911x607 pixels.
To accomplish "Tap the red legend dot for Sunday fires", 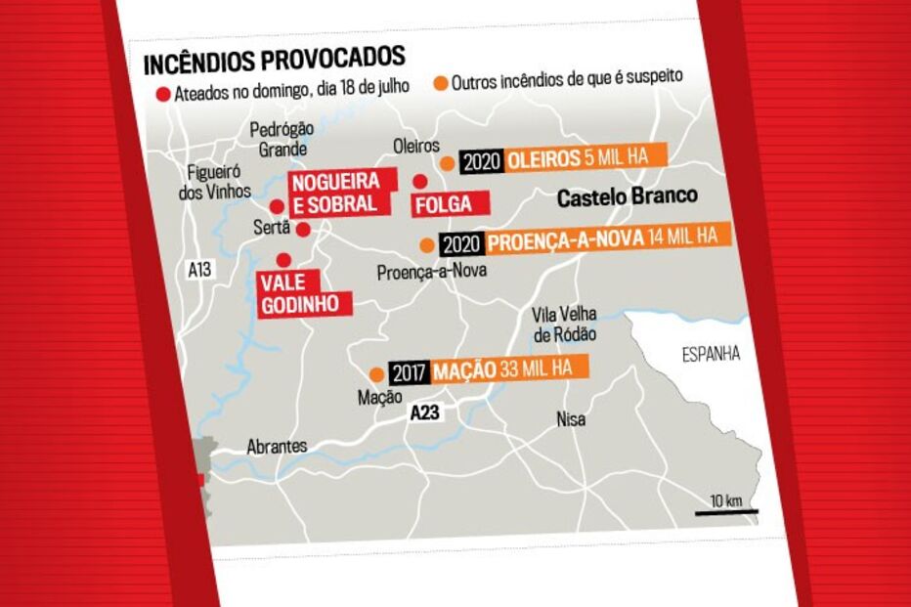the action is (x=162, y=95).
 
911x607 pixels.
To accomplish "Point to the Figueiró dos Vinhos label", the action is (x=216, y=182).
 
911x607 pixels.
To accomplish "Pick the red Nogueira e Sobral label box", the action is (x=341, y=193).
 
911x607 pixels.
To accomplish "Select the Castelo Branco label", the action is (x=627, y=196).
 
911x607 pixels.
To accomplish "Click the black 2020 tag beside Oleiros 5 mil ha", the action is (x=481, y=162).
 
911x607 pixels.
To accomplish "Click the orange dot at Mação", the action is (x=376, y=373).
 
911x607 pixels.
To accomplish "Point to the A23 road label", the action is (x=424, y=413).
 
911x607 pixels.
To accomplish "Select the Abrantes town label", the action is (x=277, y=446).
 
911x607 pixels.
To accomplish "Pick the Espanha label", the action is (x=711, y=354).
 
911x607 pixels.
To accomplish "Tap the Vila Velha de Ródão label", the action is (x=564, y=325).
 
